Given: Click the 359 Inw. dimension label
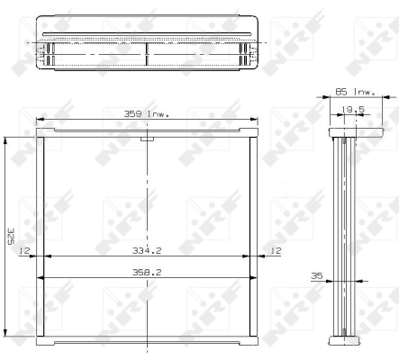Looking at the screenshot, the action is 146,114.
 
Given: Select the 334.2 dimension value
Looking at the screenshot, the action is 147,250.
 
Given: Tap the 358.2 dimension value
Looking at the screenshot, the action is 147,272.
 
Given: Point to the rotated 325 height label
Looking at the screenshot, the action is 11,237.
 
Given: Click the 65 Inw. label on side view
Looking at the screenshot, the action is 355,92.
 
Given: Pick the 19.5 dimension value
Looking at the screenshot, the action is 353,109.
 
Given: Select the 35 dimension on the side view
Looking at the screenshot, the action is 317,275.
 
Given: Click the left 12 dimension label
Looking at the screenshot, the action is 24,250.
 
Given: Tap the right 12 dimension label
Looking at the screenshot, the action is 276,250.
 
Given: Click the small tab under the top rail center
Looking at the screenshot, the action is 147,139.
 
